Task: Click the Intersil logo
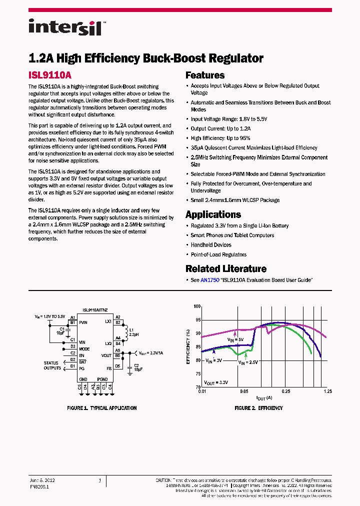point(65,26)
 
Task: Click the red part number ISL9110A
point(49,75)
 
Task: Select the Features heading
point(205,75)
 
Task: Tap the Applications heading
point(213,214)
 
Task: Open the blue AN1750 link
point(210,280)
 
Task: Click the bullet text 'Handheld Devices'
point(211,245)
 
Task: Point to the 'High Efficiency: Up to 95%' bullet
point(220,138)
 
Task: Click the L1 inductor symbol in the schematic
point(125,331)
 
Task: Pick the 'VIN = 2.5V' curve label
point(248,362)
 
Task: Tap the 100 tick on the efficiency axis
point(197,306)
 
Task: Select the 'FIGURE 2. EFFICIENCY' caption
point(258,408)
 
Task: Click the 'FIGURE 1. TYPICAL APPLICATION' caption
point(101,408)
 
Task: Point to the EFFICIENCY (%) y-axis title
point(188,346)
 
